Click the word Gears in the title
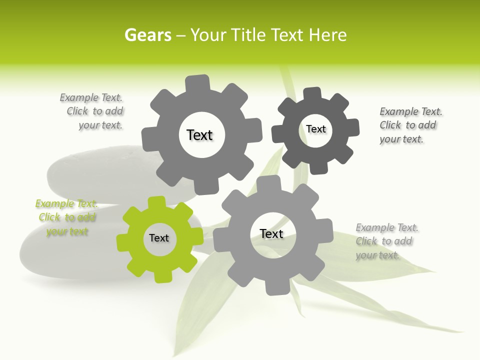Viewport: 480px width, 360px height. [147, 35]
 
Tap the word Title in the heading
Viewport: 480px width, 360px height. [248, 35]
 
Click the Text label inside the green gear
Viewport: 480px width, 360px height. [159, 238]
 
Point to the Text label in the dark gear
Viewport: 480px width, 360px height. [315, 129]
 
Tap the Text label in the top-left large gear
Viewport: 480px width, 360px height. [199, 135]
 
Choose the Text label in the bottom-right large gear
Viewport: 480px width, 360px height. [271, 233]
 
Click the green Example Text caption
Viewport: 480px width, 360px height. [66, 217]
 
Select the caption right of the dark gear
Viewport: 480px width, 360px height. [410, 125]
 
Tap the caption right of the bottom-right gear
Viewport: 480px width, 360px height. [386, 241]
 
